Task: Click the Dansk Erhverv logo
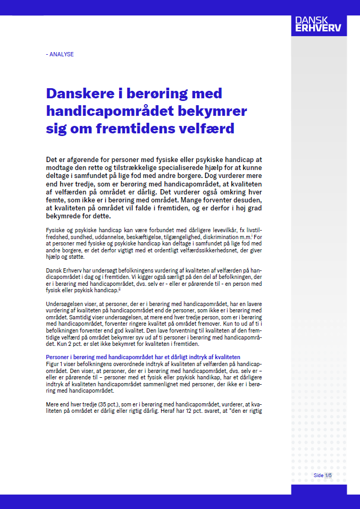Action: point(318,23)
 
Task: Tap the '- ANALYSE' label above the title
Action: point(60,54)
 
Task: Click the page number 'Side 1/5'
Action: point(323,475)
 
